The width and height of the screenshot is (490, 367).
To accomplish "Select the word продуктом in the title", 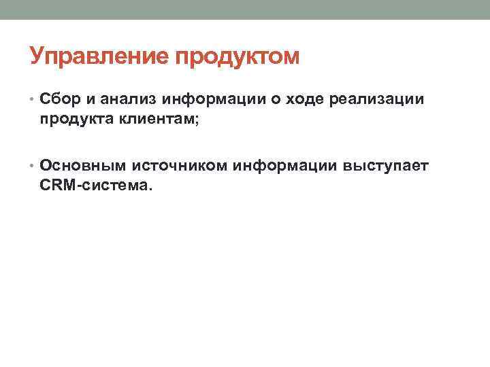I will pos(238,57).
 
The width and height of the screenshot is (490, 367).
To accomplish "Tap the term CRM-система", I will pos(92,184).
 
